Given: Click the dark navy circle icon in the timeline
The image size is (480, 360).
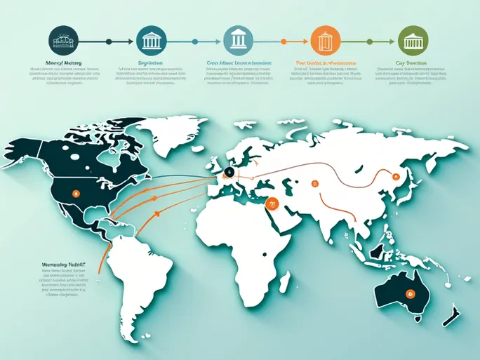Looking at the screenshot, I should point(65,41).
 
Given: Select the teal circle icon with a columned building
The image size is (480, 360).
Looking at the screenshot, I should point(150,41).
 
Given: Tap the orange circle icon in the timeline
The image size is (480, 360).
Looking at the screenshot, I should point(324,41).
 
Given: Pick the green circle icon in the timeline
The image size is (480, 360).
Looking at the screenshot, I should point(411,41).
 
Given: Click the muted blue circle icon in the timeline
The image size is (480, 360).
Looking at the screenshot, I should point(236,41).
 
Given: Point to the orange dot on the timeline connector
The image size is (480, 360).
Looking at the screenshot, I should point(284,41).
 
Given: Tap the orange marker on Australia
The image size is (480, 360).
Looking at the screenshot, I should point(412,293).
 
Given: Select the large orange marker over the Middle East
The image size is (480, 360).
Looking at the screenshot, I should point(273,204).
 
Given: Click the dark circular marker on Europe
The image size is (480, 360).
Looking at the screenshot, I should point(228,172).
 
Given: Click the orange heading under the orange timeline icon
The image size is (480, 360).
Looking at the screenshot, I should point(324,62).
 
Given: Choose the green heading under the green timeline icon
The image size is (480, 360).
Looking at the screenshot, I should point(411,62).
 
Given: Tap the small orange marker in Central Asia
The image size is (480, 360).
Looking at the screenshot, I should point(315,184).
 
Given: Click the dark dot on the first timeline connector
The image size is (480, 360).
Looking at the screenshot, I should point(108,41).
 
